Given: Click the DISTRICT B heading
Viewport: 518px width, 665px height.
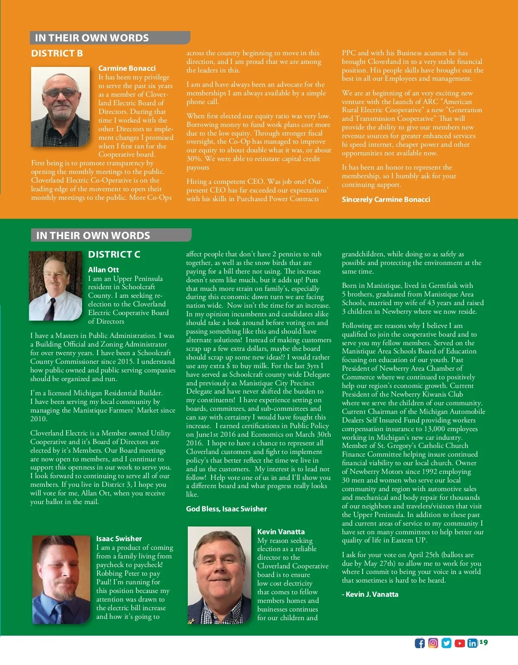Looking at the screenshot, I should pos(57,54).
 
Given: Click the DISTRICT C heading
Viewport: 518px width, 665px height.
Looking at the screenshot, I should pos(114,255).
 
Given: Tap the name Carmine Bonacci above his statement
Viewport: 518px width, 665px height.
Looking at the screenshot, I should pos(127,68).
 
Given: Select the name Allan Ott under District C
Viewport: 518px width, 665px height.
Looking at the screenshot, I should pos(103,270).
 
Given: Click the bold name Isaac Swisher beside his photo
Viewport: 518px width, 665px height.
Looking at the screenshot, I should pos(119,539).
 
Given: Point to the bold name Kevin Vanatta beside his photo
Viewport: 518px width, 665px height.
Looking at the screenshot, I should pos(281,532).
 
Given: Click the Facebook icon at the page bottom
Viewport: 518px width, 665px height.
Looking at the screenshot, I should pos(420,643).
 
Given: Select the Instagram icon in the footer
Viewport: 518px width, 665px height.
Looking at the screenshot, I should pos(433,643).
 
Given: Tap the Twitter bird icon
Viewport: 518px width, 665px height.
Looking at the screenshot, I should pos(446,643).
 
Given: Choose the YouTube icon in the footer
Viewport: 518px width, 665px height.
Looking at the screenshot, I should pos(460,643).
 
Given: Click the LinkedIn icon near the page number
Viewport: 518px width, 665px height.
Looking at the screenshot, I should pos(472,643).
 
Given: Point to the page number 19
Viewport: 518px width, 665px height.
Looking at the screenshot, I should pos(483,642).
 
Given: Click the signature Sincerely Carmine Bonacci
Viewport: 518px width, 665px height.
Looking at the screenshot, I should pos(386,199).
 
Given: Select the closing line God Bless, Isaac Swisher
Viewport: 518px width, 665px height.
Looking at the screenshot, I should pos(226,509).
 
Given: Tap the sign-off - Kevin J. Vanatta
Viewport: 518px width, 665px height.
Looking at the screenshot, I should pos(370,594).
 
